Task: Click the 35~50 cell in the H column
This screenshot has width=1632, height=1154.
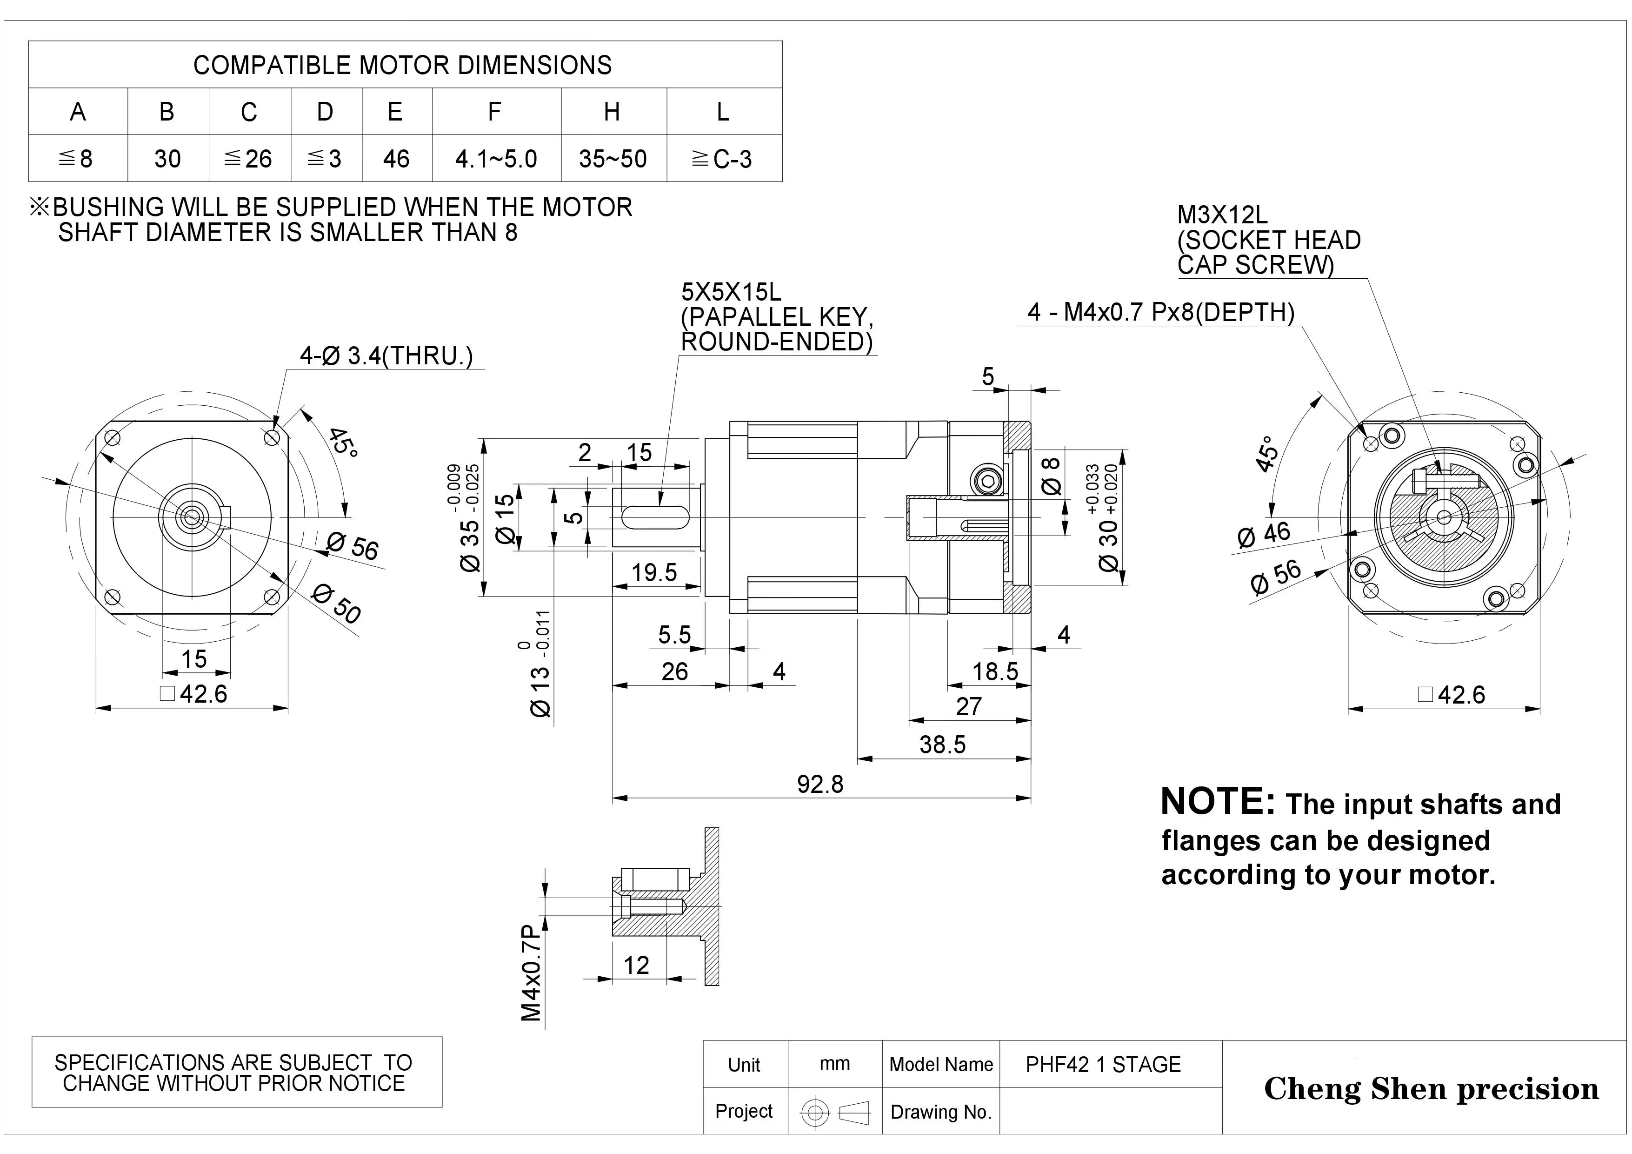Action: coord(613,159)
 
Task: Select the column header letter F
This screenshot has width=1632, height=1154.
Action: coord(495,112)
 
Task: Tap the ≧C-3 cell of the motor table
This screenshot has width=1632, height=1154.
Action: coord(722,159)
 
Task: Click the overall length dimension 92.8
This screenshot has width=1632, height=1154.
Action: coord(819,784)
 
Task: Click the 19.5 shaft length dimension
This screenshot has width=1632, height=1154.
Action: coord(654,572)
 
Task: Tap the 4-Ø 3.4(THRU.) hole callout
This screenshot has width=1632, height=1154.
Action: coord(386,356)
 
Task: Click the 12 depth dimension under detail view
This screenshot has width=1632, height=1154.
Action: coord(636,965)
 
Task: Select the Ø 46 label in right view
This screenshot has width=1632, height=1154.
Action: coord(1263,534)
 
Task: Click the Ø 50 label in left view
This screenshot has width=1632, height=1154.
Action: coord(337,604)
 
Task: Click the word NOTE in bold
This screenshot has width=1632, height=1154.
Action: coord(1217,802)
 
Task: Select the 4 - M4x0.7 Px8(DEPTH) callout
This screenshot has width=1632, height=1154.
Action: coord(1161,312)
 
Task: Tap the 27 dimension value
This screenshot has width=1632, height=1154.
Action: coord(968,707)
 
